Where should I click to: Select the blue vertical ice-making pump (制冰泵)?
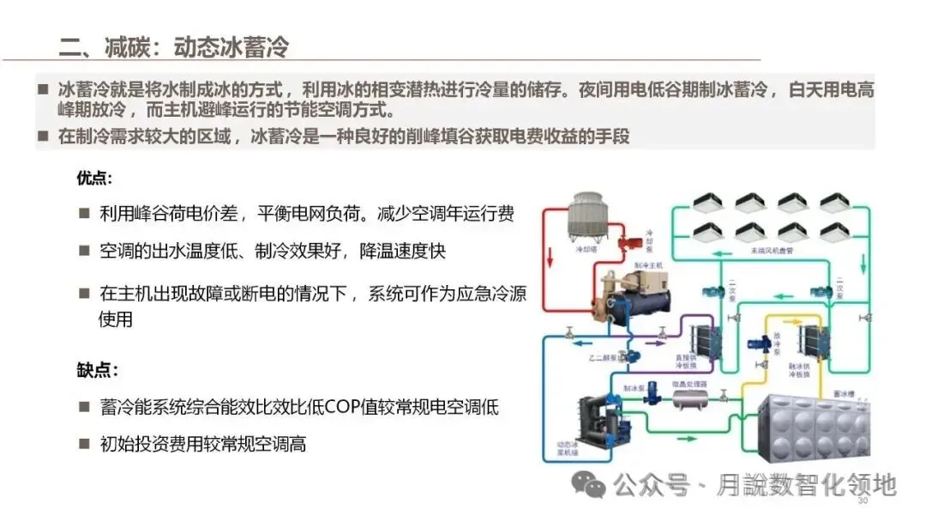pyautogui.click(x=652, y=398)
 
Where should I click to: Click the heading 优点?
pyautogui.click(x=94, y=179)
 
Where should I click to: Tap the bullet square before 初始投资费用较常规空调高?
pyautogui.click(x=84, y=444)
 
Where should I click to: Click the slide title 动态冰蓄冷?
pyautogui.click(x=231, y=46)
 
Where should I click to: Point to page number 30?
pyautogui.click(x=863, y=501)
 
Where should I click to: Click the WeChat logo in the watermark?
pyautogui.click(x=590, y=486)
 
